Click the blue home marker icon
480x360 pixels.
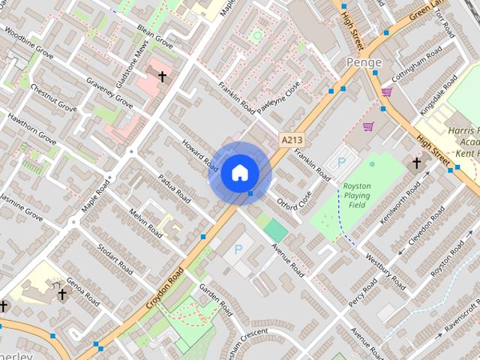(x=239, y=173)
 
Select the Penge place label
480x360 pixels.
(x=364, y=62)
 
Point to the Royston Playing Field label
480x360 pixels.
(x=356, y=195)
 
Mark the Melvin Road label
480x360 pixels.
(x=145, y=223)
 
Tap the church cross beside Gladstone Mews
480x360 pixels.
(x=162, y=76)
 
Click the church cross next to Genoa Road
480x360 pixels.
(x=62, y=295)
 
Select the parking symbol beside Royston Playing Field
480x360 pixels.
(x=343, y=161)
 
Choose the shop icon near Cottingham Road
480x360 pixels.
(x=387, y=92)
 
